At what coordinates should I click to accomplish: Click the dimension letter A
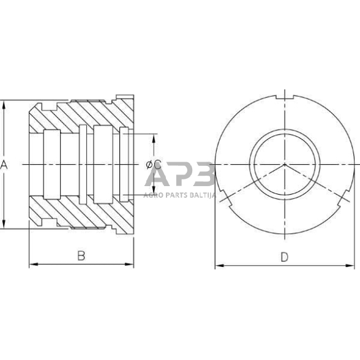click(x=5, y=164)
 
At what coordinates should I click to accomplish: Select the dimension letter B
click(x=81, y=257)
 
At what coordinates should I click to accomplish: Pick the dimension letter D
click(x=284, y=257)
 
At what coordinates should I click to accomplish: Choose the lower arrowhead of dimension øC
click(x=153, y=193)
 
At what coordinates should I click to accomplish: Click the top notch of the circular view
click(x=285, y=96)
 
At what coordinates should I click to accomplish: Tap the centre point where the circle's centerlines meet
click(x=285, y=165)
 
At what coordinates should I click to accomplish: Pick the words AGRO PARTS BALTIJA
click(x=178, y=195)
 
